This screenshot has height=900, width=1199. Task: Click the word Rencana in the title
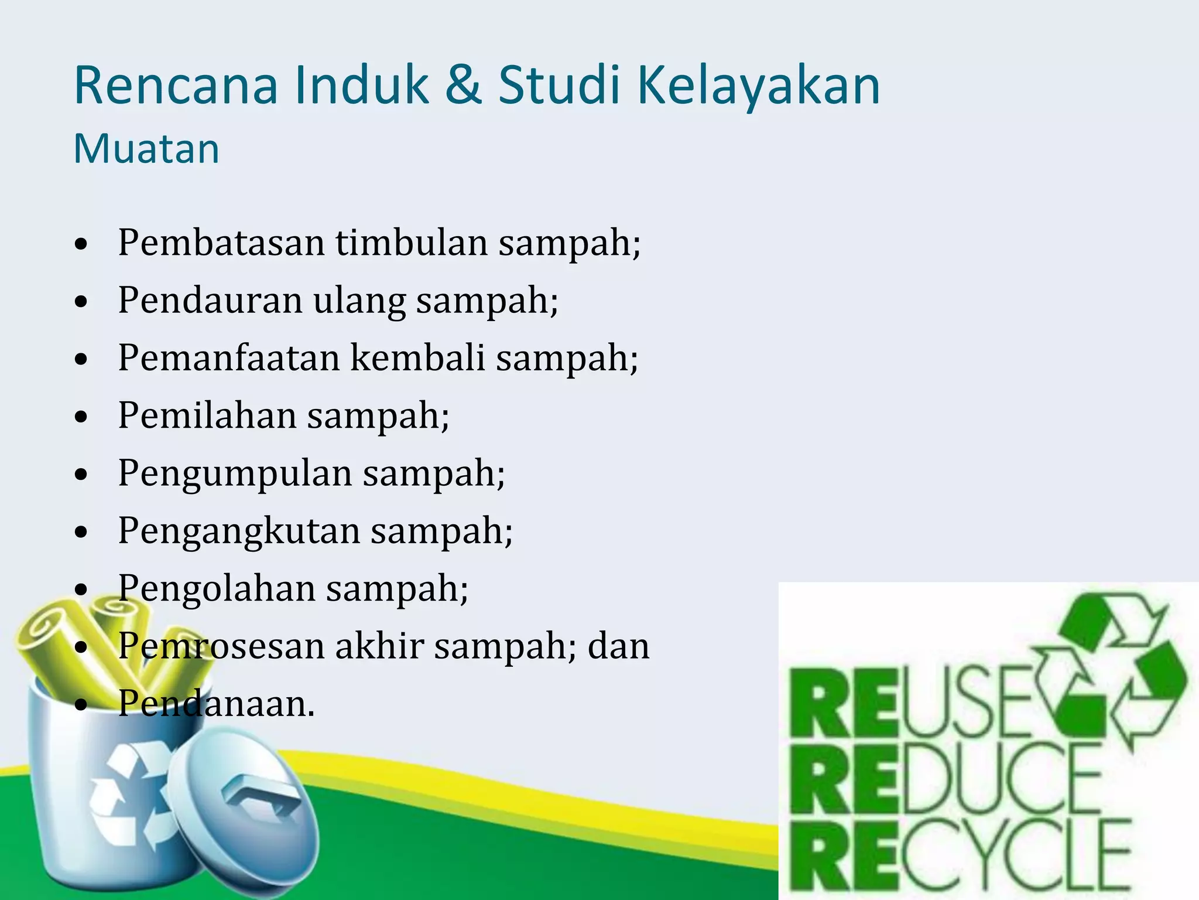pyautogui.click(x=176, y=86)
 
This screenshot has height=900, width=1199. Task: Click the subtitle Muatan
pyautogui.click(x=146, y=149)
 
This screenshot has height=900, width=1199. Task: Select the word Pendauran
pyautogui.click(x=210, y=300)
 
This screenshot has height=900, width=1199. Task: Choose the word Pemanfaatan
pyautogui.click(x=229, y=357)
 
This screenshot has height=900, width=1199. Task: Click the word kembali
pyautogui.click(x=417, y=357)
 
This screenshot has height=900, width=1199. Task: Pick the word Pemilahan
pyautogui.click(x=207, y=415)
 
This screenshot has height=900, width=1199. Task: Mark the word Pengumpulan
pyautogui.click(x=235, y=473)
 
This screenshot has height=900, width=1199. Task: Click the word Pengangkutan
pyautogui.click(x=239, y=531)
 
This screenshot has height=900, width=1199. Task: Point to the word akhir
pyautogui.click(x=379, y=646)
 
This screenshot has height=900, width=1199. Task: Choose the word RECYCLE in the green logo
pyautogui.click(x=960, y=856)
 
